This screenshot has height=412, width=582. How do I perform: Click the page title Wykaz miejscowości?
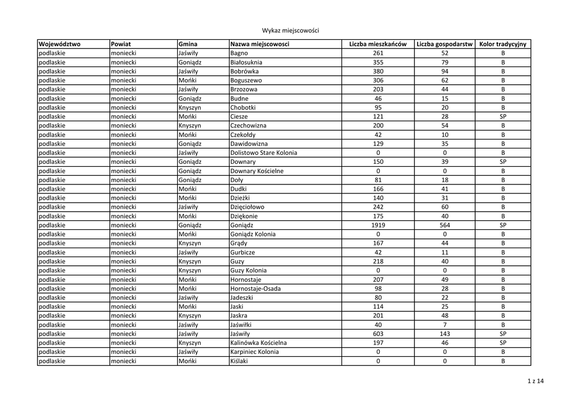coord(290,30)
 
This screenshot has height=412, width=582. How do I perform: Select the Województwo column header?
coord(60,44)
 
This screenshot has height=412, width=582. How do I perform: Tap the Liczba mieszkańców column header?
coord(377,44)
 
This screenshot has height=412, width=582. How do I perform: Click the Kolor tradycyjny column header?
coord(502,44)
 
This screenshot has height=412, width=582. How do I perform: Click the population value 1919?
coord(378,225)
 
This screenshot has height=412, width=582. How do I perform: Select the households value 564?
coord(444,225)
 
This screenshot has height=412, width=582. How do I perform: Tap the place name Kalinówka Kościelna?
coord(259,343)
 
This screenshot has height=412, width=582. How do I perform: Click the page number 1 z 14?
coord(535,381)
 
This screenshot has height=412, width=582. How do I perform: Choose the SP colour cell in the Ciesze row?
coord(502,116)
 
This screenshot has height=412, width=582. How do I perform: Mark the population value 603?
coord(378,333)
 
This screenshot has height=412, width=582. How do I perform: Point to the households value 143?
coord(444,333)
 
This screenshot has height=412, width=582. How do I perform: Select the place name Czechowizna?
coord(248,125)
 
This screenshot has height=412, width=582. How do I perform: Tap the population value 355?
coord(378,62)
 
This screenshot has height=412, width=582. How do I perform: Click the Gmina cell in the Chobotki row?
coord(189,107)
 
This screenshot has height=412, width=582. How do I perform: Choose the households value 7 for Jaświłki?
coord(444,324)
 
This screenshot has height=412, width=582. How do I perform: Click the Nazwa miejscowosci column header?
coord(260,44)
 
